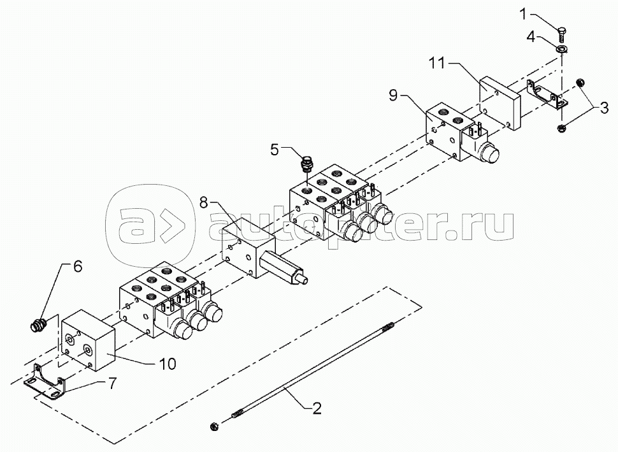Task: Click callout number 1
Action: [x=523, y=13]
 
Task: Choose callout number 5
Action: [x=275, y=150]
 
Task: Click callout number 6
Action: [x=78, y=267]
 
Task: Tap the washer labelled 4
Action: [x=562, y=50]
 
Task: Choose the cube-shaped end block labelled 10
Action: [x=87, y=341]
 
